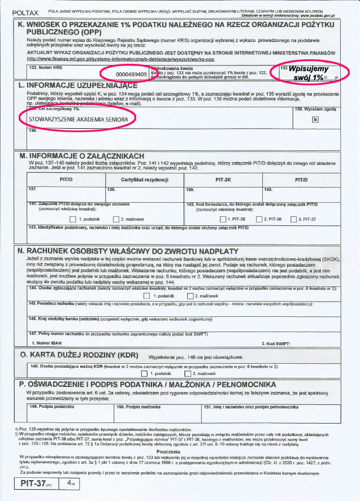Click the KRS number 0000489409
131,74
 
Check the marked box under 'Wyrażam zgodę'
316,119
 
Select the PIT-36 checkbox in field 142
259,219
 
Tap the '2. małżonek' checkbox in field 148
188,373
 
